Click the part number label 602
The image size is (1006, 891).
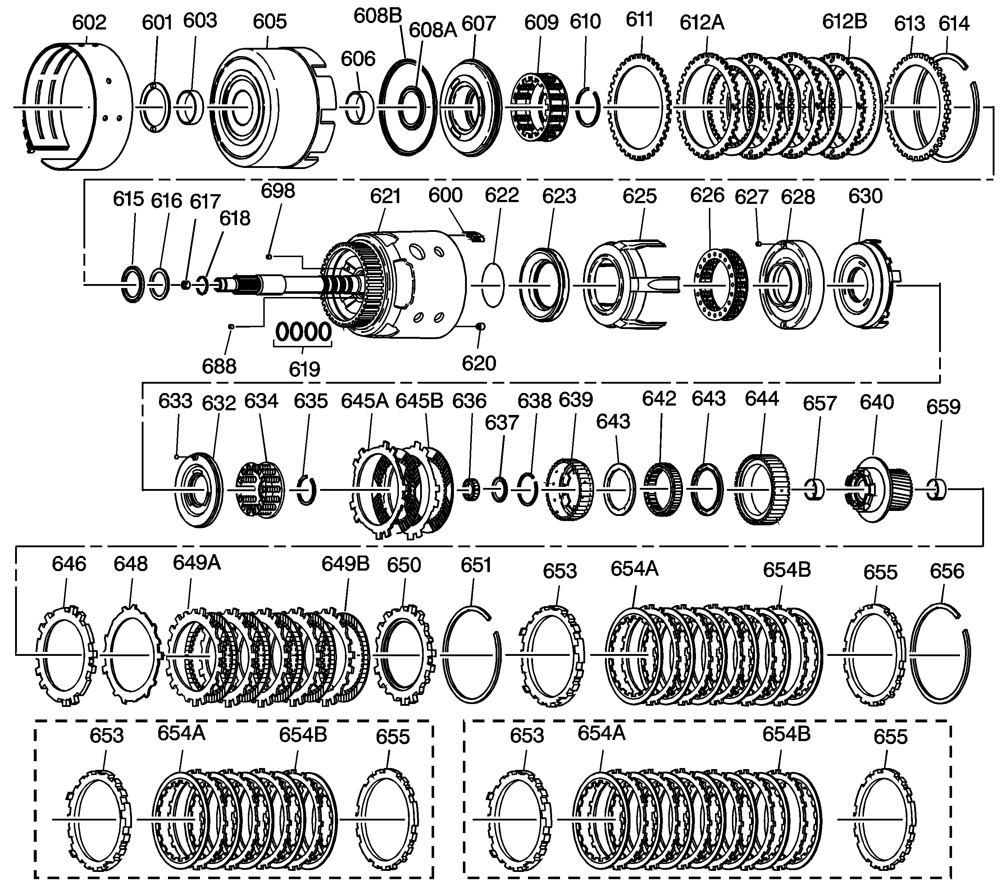click(x=89, y=23)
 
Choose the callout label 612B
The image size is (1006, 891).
click(x=844, y=22)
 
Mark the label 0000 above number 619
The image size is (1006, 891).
click(x=303, y=332)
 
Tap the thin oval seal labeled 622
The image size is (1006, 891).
click(x=493, y=285)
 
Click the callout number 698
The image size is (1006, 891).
click(x=278, y=191)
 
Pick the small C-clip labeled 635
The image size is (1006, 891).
click(x=307, y=490)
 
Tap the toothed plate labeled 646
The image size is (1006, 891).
click(x=67, y=655)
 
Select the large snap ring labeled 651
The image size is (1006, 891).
click(x=472, y=655)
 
